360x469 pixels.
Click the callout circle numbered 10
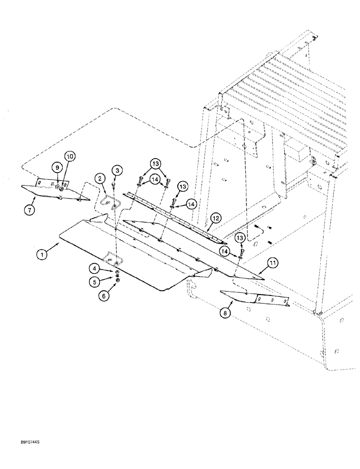[69, 156]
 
